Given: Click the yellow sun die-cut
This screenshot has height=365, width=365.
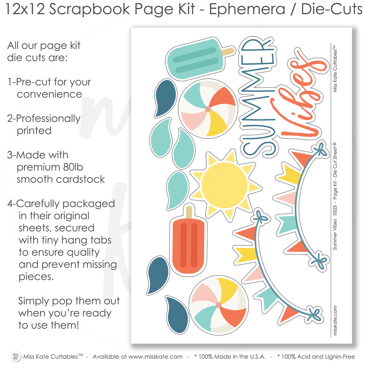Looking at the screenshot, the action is click(225, 185).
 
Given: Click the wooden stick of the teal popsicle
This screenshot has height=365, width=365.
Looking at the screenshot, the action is click(228, 52).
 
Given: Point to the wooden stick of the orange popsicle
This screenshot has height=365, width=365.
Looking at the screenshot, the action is click(189, 212).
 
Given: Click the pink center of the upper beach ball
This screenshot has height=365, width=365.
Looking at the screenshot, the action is click(208, 109).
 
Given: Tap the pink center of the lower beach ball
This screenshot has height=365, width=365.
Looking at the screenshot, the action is click(219, 305).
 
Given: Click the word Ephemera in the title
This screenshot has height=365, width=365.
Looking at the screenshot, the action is click(247, 9).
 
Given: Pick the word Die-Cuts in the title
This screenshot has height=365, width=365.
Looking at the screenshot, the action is click(331, 9).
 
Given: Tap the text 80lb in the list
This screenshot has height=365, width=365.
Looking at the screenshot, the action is click(73, 167).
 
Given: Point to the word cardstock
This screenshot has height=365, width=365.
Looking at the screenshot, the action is click(80, 179).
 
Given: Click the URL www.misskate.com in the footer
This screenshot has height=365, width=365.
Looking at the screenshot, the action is click(155, 356).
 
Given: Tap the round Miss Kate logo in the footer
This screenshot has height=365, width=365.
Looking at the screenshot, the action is click(16, 356).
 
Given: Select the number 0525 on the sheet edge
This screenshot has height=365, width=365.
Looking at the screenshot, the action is click(335, 210).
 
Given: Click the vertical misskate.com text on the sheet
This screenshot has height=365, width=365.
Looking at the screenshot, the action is click(335, 320).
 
